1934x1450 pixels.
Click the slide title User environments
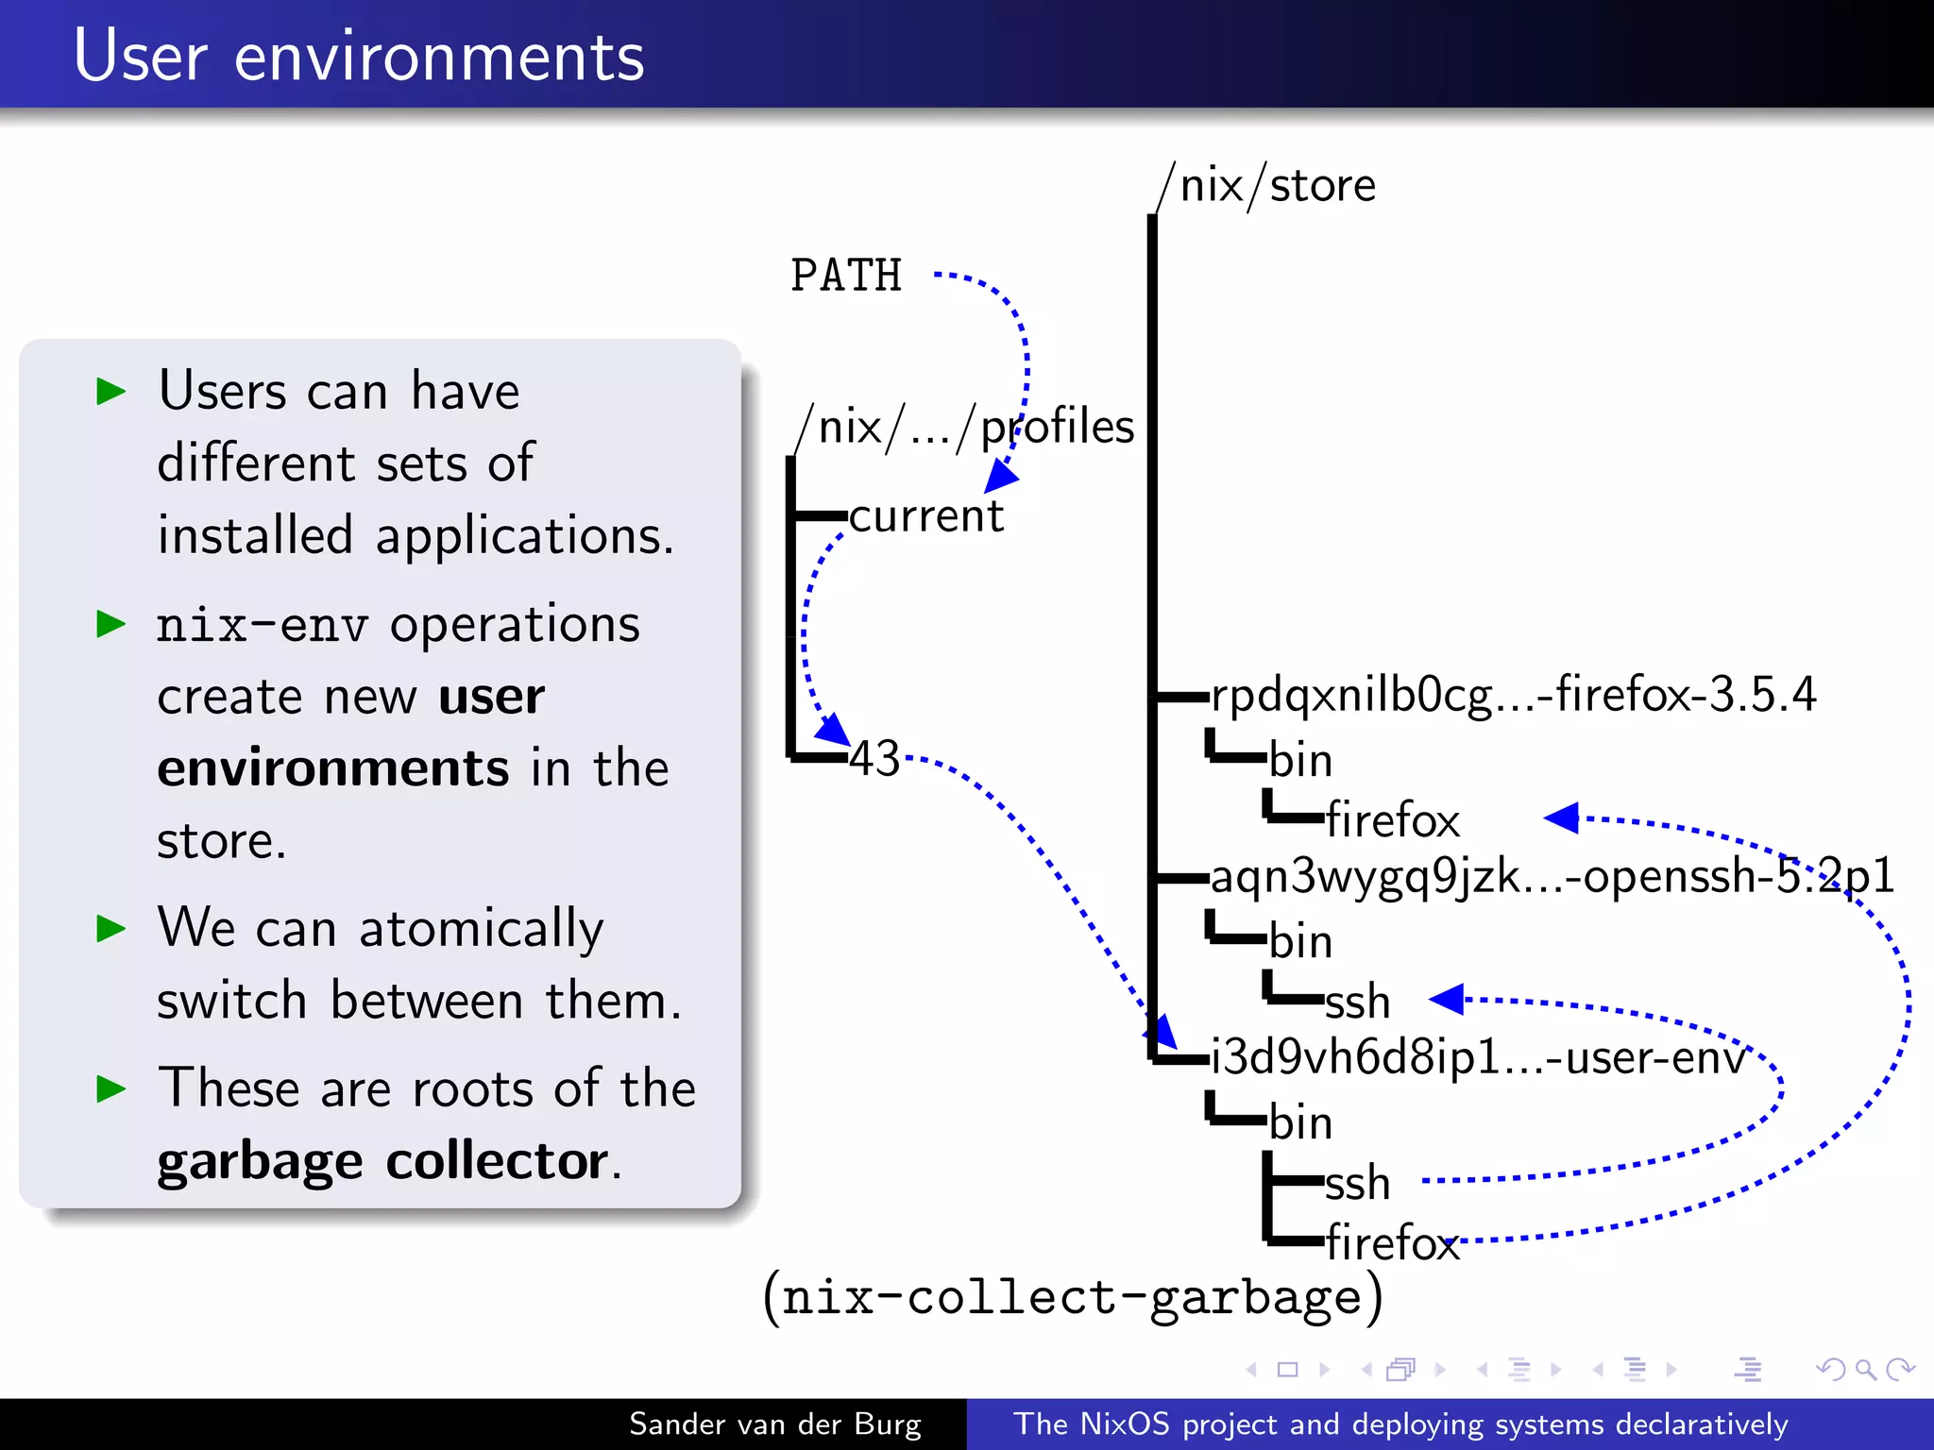(359, 57)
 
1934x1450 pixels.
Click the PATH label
(846, 276)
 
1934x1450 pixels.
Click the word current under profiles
(925, 516)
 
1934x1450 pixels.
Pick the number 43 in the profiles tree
(874, 758)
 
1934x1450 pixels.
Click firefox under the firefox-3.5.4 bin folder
(1392, 819)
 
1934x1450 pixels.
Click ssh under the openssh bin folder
(1357, 1002)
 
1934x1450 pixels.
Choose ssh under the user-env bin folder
(1357, 1183)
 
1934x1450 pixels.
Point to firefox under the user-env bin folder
(1392, 1242)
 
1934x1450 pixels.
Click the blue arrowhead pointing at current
(1002, 476)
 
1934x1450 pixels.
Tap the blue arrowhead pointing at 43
(832, 729)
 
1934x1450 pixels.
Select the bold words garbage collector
(382, 1161)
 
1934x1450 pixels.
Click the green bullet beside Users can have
(111, 391)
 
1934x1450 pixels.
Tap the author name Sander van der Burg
(774, 1424)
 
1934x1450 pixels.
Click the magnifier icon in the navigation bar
(1865, 1369)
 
